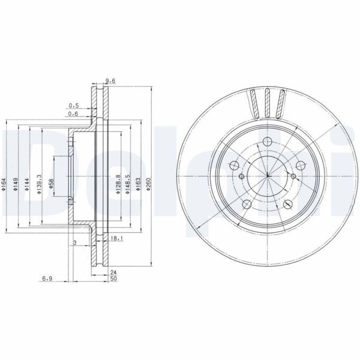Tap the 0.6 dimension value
point(74,114)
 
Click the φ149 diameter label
point(17,184)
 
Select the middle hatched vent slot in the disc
point(266,102)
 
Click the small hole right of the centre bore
point(292,176)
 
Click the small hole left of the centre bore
point(241,176)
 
